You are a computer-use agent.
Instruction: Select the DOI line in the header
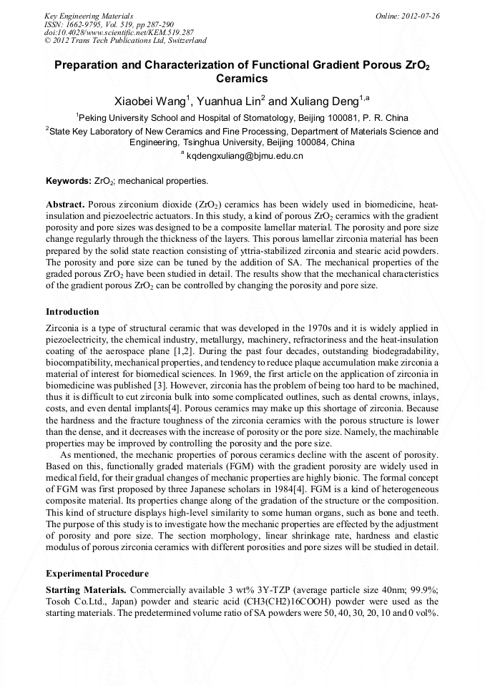pyautogui.click(x=119, y=32)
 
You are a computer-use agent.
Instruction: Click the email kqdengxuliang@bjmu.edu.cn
pyautogui.click(x=245, y=155)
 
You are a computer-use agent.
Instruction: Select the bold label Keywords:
pyautogui.click(x=69, y=181)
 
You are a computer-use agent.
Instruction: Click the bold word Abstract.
pyautogui.click(x=65, y=204)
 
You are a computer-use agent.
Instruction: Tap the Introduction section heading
pyautogui.click(x=72, y=312)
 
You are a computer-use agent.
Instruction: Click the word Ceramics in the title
pyautogui.click(x=242, y=78)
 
